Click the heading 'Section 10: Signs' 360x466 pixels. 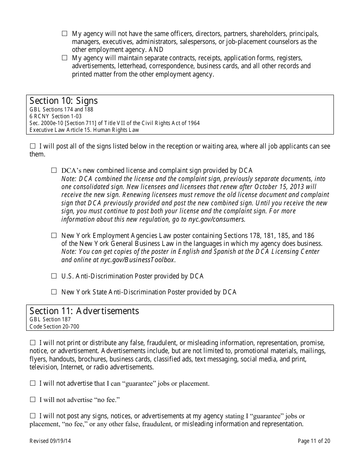[64, 101]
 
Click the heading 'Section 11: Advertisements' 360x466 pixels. [84, 311]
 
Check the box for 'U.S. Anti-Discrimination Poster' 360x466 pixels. [54, 276]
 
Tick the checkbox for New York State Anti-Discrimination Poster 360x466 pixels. [54, 292]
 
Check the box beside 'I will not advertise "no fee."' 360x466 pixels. [33, 399]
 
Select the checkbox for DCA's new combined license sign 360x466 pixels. [54, 170]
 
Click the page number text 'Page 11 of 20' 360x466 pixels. [314, 441]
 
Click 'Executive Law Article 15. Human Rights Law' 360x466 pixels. [84, 130]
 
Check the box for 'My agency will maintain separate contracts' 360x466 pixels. [64, 58]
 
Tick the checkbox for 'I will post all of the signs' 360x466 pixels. [33, 146]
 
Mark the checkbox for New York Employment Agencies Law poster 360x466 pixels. [54, 235]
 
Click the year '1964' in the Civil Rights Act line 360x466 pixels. [193, 123]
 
